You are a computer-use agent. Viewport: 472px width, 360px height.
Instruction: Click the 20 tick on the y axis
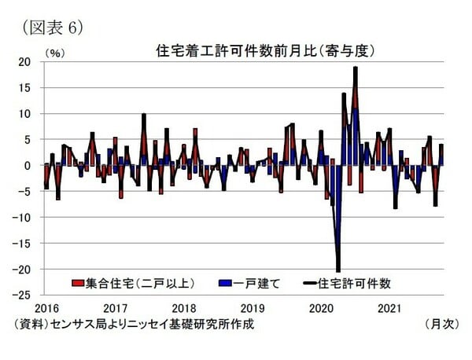click(25, 62)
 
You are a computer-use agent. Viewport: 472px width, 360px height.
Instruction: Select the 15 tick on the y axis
click(25, 88)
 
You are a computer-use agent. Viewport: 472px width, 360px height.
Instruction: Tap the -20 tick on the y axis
click(24, 270)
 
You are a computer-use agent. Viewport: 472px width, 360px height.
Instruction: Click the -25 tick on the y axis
click(24, 296)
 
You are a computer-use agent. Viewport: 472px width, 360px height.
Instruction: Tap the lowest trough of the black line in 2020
click(338, 271)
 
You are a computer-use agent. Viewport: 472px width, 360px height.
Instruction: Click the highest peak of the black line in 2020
click(356, 68)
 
